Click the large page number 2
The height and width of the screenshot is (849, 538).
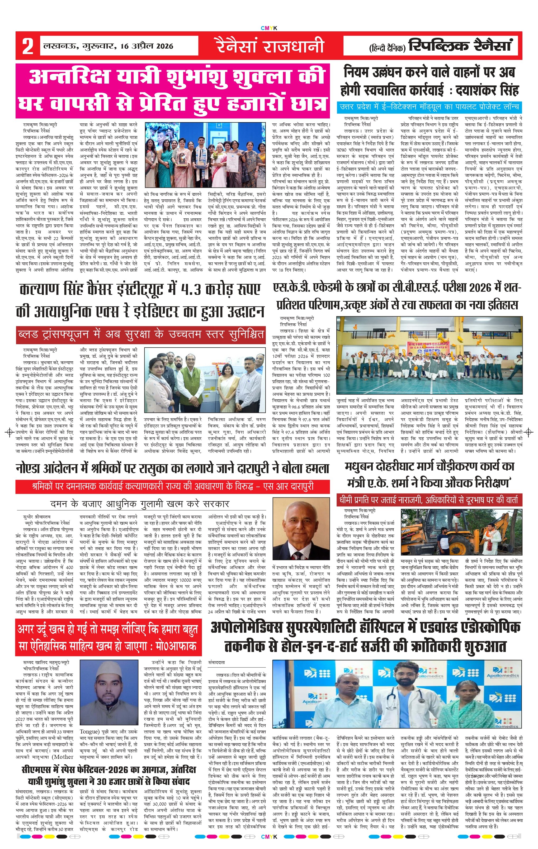pyautogui.click(x=27, y=46)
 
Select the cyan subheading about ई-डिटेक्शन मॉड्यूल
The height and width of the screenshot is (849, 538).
pyautogui.click(x=429, y=107)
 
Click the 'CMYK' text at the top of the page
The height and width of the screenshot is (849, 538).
pyautogui.click(x=269, y=28)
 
